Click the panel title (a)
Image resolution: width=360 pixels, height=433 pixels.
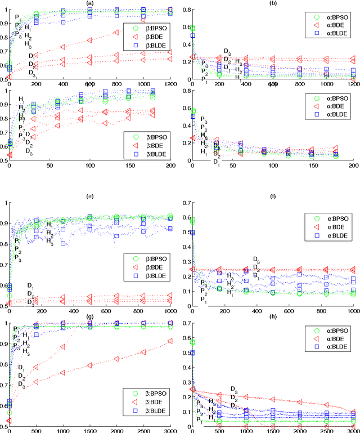coord(90,3)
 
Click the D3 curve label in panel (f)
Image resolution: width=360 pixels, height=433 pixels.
coord(256,260)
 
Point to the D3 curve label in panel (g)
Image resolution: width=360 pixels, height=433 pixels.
coord(21,384)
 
